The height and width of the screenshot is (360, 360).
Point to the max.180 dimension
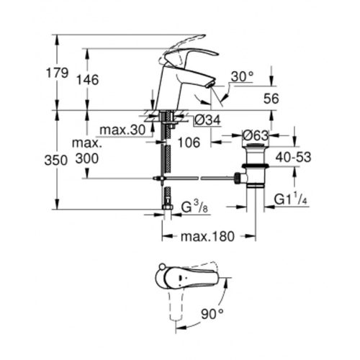(x=209, y=237)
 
